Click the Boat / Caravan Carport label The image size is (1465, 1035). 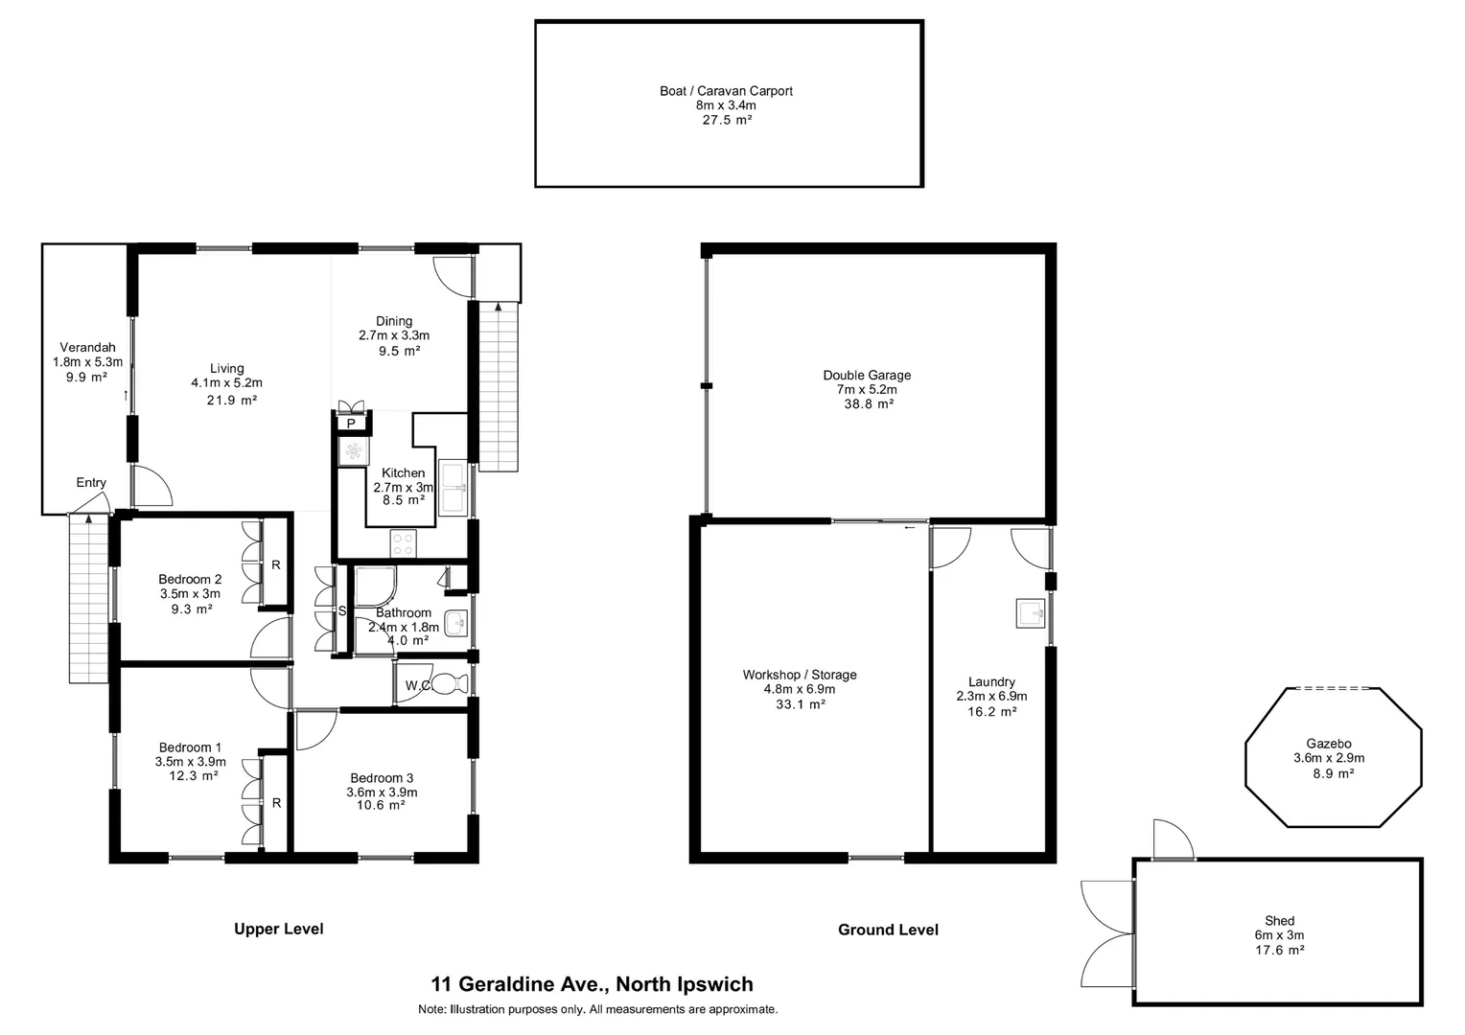click(726, 91)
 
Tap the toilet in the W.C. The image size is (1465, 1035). click(448, 684)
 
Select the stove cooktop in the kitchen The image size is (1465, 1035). click(404, 543)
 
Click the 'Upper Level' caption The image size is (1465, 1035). click(279, 929)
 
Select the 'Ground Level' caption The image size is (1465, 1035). click(888, 930)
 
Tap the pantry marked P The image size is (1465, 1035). click(351, 423)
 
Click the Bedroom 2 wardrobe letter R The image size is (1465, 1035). click(276, 564)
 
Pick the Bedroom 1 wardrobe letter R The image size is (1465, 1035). click(276, 803)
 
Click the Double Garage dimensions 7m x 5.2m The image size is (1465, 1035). click(866, 390)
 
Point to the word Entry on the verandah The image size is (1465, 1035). click(91, 483)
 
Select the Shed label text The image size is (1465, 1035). click(1279, 921)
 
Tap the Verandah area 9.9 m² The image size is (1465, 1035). click(87, 377)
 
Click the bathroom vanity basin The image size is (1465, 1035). click(456, 624)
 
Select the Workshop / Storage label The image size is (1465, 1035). click(799, 675)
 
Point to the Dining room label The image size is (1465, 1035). click(393, 321)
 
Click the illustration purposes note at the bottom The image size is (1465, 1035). click(597, 1009)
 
